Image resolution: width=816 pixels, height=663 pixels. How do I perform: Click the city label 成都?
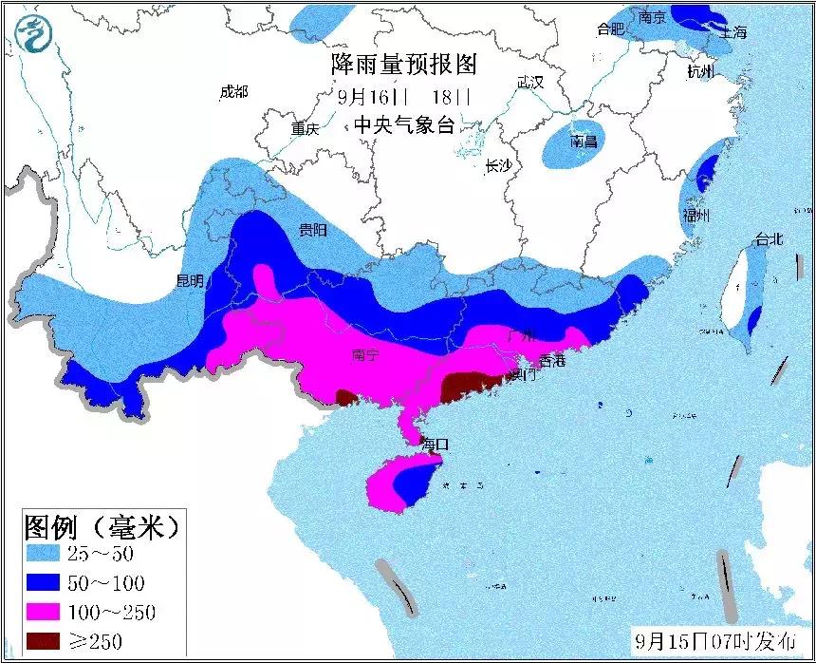point(232,91)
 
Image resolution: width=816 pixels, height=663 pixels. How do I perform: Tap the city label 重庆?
point(305,130)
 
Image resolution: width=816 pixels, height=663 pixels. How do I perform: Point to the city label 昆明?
point(190,280)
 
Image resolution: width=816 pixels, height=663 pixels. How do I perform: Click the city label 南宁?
point(365,355)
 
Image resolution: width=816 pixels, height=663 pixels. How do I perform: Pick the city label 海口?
point(434,444)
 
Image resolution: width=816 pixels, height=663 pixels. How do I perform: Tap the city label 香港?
point(551,360)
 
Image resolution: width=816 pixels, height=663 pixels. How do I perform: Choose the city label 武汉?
point(529,83)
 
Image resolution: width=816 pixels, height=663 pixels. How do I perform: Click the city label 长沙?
point(497,166)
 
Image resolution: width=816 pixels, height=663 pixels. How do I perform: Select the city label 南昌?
point(583,142)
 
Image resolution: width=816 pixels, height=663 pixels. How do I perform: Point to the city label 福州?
point(695,216)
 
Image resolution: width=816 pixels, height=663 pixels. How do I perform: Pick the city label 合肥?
point(610,29)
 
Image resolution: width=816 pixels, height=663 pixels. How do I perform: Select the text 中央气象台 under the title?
point(404,124)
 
